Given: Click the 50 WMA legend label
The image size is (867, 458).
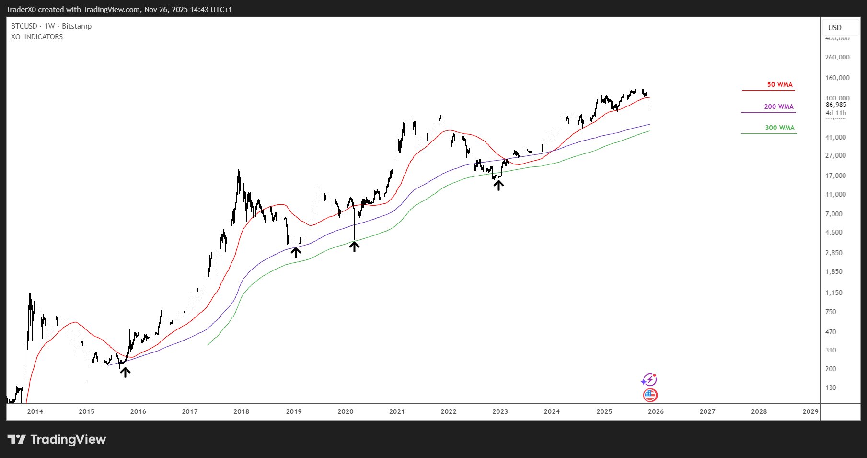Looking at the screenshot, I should (x=779, y=85).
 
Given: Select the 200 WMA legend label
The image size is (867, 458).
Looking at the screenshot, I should (x=778, y=106).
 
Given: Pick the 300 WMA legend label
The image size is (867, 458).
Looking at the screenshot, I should (x=779, y=128).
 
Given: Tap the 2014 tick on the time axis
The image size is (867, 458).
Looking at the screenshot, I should (x=35, y=411).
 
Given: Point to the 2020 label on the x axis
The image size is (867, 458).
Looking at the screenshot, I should (x=345, y=411).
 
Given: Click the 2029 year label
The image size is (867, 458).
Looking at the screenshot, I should (x=810, y=411).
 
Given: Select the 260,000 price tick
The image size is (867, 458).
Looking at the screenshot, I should (x=837, y=57).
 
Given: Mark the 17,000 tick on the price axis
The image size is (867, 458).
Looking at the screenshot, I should (x=835, y=176).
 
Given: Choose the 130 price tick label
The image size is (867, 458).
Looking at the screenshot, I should (x=831, y=388).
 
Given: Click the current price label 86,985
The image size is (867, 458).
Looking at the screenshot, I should (x=836, y=105).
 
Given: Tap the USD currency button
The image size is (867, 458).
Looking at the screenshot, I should (x=835, y=27).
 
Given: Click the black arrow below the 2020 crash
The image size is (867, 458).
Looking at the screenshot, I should (x=354, y=247).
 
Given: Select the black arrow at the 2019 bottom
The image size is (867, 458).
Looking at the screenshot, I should (x=296, y=252).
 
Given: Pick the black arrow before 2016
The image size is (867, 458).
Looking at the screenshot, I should (x=125, y=372).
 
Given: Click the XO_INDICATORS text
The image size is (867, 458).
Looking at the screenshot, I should (x=37, y=37).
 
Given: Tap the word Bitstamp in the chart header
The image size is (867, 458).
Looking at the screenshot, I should (x=77, y=26).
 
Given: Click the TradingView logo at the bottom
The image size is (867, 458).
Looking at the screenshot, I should (x=57, y=439).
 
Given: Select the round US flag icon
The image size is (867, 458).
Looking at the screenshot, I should (x=650, y=395).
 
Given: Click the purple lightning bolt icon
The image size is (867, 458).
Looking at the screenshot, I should (x=649, y=380).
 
